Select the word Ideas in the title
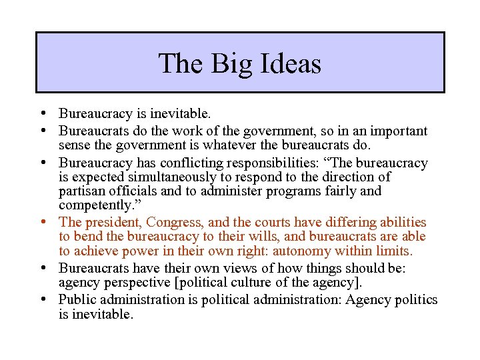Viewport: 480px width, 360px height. (x=289, y=64)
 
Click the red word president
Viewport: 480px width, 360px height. (x=112, y=222)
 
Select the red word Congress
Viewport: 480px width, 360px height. (x=175, y=222)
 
